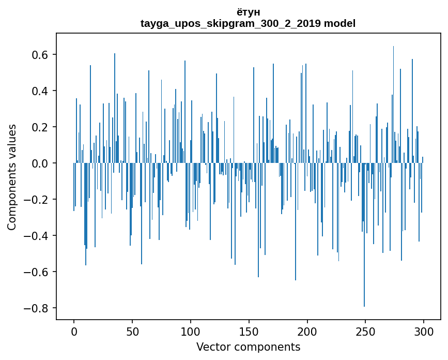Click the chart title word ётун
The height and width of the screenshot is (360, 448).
point(248,12)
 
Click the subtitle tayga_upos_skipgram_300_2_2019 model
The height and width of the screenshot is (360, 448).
point(248,23)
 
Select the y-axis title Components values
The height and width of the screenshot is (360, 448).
point(12,177)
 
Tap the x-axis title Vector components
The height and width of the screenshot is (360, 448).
point(248,347)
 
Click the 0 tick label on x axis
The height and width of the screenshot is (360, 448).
point(74,331)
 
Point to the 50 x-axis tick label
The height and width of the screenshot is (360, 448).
point(132,331)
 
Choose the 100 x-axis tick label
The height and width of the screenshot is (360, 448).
point(191,331)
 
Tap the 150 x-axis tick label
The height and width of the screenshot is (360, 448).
point(249,331)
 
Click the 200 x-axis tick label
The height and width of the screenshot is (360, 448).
point(307,331)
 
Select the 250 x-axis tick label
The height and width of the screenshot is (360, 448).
point(366,331)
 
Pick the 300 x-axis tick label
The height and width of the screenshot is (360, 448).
point(424,331)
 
